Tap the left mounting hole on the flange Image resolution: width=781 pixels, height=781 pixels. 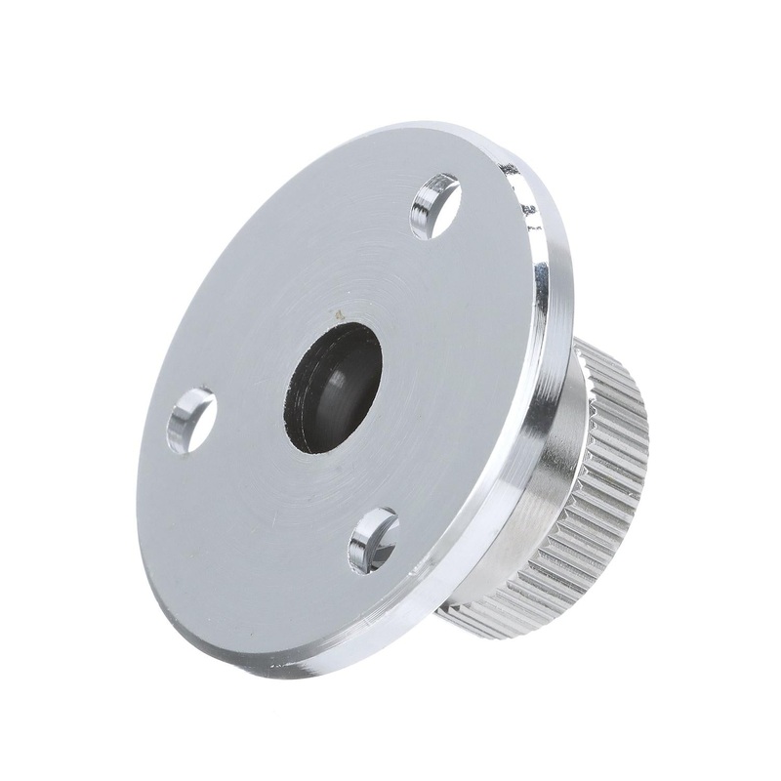coord(191,419)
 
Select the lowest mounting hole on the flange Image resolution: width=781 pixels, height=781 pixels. coord(373,539)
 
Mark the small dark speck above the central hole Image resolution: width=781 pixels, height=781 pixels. coord(339,315)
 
